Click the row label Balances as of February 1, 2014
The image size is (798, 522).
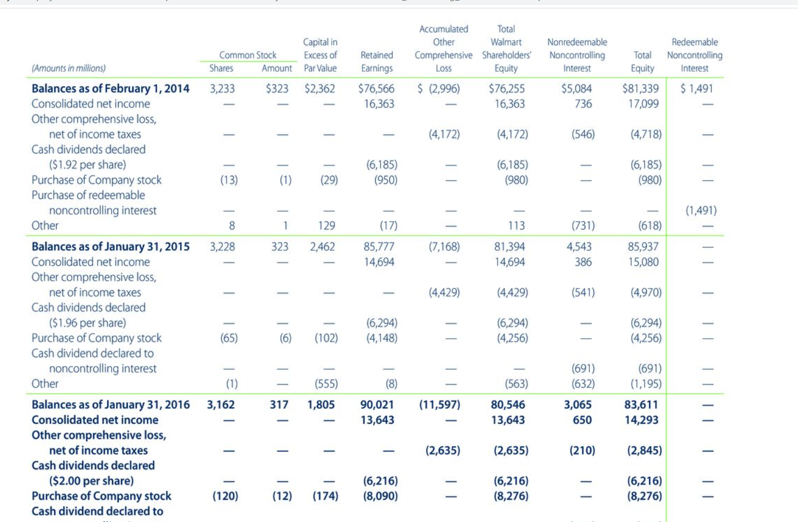pos(110,89)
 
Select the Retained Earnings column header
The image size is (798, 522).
pos(376,62)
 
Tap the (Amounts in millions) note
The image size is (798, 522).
pos(69,69)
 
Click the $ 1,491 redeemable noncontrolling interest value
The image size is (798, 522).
pos(697,89)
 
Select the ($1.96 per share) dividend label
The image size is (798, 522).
pos(88,323)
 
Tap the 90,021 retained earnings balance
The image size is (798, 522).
pos(377,405)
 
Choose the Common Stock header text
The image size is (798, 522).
pos(248,55)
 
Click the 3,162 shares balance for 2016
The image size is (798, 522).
pos(221,405)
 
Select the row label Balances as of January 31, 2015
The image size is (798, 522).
pos(110,247)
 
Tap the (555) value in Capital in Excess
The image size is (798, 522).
pos(326,384)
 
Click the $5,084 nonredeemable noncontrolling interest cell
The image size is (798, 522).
pos(577,89)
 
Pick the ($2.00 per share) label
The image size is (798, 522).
pos(91,481)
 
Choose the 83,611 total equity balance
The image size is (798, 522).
pos(641,405)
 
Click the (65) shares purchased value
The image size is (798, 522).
pos(229,338)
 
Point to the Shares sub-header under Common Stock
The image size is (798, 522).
pos(221,69)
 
